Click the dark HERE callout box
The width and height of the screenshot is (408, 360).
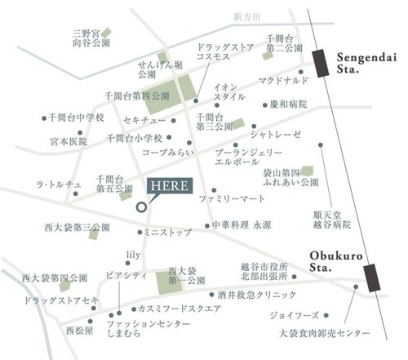pyautogui.click(x=169, y=184)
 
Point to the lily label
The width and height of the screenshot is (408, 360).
pyautogui.click(x=134, y=255)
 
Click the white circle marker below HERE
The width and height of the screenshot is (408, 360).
pyautogui.click(x=140, y=207)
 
